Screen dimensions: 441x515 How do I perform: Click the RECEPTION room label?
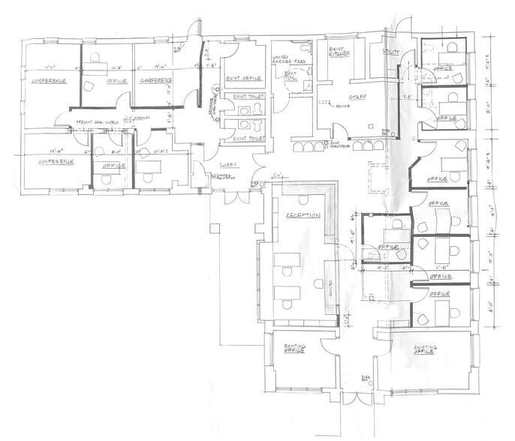[303, 215]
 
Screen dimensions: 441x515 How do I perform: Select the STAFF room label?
[347, 97]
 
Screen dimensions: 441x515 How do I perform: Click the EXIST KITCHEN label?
[342, 52]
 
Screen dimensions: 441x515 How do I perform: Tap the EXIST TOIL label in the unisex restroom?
[291, 76]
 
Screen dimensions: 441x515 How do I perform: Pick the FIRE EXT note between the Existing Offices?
[366, 378]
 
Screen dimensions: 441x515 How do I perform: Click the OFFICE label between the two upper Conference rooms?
[116, 80]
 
